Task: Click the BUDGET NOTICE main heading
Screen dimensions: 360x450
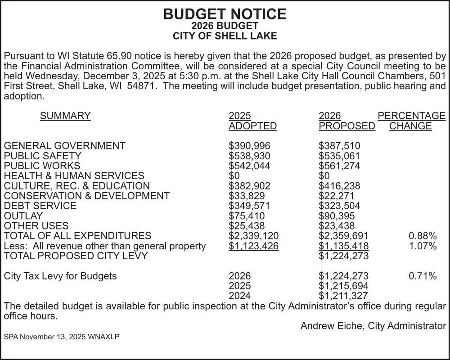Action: (225, 14)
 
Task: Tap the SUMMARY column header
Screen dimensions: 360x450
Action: (65, 116)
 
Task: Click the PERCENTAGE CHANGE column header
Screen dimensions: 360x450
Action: (411, 121)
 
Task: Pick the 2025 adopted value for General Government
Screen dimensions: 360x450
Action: (249, 146)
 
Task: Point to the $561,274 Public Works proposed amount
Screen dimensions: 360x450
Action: (339, 166)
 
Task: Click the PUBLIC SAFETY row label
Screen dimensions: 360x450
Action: (43, 156)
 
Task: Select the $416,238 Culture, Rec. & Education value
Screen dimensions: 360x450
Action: (339, 186)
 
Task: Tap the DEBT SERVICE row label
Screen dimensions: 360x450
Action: (40, 206)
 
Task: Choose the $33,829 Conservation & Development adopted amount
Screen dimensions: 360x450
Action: (247, 196)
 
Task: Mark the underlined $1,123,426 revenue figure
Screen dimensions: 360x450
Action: (254, 246)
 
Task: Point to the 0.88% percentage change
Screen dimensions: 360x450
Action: (423, 236)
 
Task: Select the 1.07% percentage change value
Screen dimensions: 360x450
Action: (423, 246)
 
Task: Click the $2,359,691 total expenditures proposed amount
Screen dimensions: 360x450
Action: (344, 236)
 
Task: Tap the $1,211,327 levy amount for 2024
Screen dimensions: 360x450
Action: (344, 296)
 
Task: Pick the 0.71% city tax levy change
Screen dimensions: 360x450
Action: (423, 276)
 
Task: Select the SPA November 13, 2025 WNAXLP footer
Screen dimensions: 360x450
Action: (62, 337)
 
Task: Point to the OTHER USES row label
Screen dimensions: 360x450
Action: (36, 225)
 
